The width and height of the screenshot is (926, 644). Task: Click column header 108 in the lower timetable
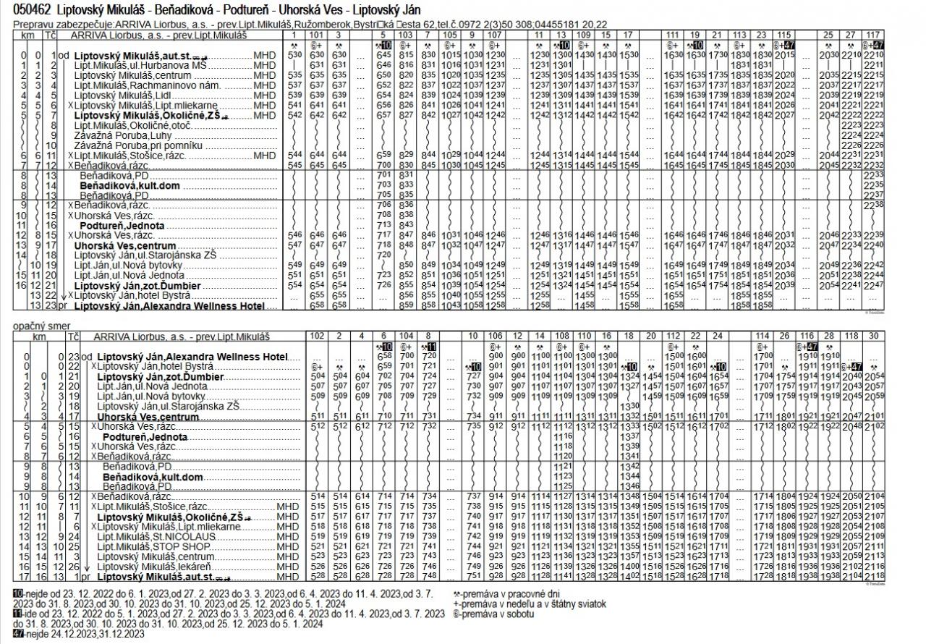tap(561, 336)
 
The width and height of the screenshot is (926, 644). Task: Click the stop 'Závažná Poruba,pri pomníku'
tap(133, 145)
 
